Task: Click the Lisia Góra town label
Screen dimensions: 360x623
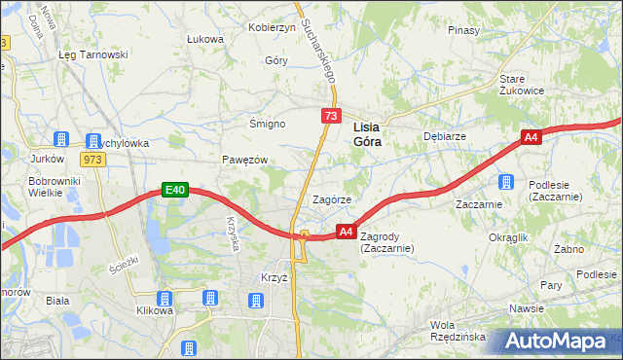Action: tap(366, 133)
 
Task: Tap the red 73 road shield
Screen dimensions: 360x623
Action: tap(332, 116)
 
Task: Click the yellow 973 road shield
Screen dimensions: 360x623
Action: tap(93, 160)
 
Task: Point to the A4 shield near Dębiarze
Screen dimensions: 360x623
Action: tap(531, 138)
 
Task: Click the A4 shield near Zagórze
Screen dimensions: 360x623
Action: tap(346, 232)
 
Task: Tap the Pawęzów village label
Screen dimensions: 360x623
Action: tap(244, 159)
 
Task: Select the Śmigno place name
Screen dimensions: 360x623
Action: tap(267, 125)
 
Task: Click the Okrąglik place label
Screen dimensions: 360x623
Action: tap(508, 237)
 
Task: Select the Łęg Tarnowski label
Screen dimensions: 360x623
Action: tap(93, 54)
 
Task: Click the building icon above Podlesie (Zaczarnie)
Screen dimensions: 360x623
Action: tap(506, 181)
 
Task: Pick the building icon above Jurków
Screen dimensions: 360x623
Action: tap(62, 139)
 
